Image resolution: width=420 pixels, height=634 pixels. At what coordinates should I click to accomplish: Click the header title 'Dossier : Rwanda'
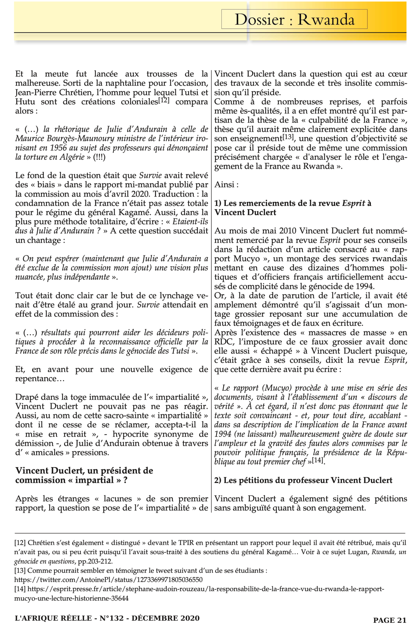(294, 20)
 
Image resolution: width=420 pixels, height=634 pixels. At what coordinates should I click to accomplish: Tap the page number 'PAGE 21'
(389, 620)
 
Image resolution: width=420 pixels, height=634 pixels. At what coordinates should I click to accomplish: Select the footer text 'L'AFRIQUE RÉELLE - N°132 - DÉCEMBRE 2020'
(107, 618)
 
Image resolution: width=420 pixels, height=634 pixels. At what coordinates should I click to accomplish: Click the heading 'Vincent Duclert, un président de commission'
(84, 475)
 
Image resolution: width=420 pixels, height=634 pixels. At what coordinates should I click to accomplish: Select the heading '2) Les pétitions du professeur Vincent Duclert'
(303, 480)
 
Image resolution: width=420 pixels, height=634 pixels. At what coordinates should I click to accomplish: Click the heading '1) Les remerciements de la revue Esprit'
(292, 208)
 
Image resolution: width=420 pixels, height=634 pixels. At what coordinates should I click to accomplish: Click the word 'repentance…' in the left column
(40, 379)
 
